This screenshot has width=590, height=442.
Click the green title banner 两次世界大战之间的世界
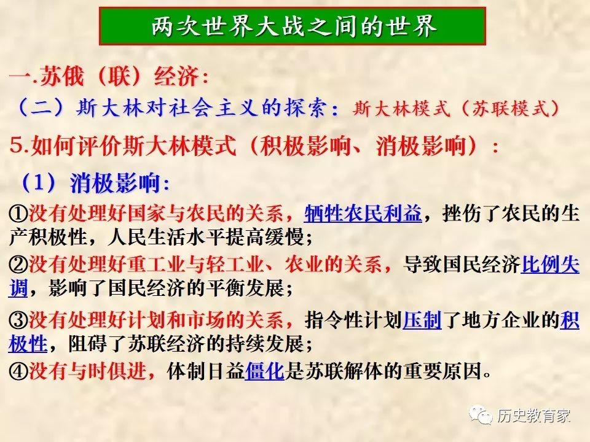pos(293,26)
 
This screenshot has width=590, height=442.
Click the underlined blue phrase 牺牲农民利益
pos(363,213)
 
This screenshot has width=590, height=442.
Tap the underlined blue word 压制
pos(422,320)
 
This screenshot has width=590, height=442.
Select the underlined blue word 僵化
pos(264,371)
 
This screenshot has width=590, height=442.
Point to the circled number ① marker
pos(18,214)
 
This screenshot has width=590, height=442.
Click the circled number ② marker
pos(18,265)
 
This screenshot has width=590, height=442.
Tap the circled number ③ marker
pos(18,320)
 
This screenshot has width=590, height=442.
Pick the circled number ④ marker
pos(18,371)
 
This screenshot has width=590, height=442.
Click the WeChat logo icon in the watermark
pos(481,414)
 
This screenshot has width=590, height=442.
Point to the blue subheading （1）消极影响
pos(95,183)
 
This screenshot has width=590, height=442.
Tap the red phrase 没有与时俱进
pos(87,371)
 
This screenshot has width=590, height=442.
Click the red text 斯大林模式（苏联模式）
pos(457,109)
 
